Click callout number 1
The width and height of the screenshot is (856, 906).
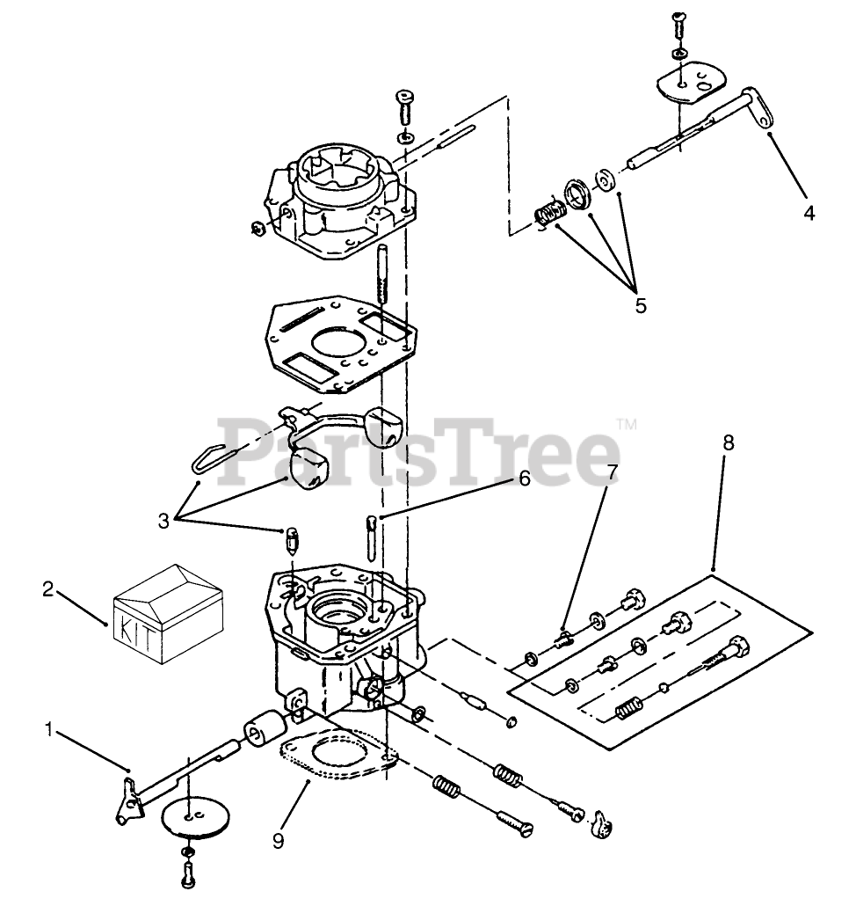pos(49,730)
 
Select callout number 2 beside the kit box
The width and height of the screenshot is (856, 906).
pos(48,589)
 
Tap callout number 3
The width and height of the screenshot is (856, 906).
pos(164,522)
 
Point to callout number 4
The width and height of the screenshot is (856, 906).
pos(809,213)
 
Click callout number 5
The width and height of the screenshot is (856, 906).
pos(642,305)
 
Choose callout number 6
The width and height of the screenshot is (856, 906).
pos(524,479)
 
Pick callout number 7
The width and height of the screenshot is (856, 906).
pos(612,471)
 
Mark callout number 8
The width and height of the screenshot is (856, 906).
pos(729,442)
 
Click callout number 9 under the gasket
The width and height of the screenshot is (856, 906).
pos(279,841)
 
